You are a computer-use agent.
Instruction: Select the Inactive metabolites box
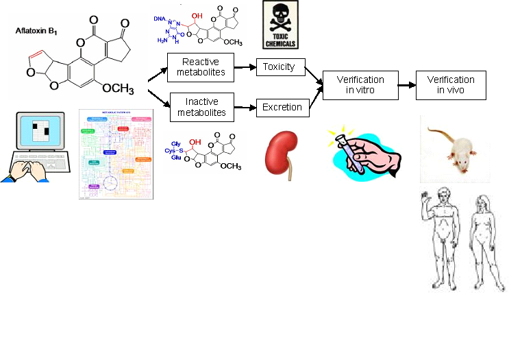[x=201, y=107]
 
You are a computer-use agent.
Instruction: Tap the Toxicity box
[x=279, y=67]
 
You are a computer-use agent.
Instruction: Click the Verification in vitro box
[x=360, y=85]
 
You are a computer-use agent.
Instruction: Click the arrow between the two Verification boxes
[x=407, y=86]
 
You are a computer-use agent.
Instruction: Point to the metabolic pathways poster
[x=114, y=154]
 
